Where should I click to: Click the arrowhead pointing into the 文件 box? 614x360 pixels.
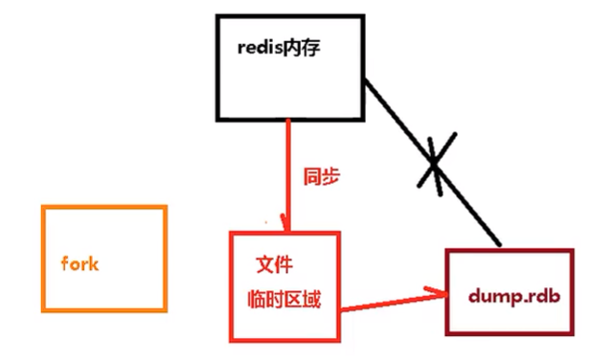(x=284, y=222)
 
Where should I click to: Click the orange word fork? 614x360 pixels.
(x=80, y=264)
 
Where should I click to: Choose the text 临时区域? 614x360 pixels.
(x=284, y=299)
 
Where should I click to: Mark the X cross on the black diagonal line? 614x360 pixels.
(x=434, y=165)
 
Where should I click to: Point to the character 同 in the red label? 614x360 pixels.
(x=312, y=178)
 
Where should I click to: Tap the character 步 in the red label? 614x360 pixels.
(x=331, y=178)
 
